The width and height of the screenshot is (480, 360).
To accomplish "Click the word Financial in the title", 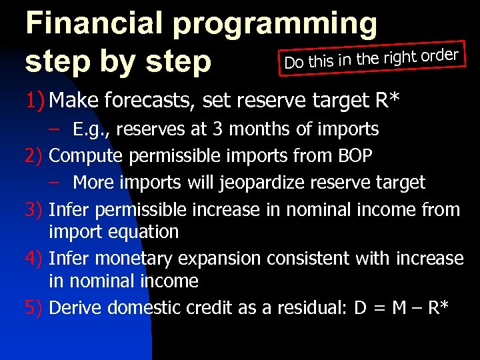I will click(x=94, y=23).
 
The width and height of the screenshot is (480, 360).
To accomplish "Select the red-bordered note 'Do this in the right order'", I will click(x=371, y=59).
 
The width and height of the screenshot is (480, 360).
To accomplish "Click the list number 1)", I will click(x=35, y=101).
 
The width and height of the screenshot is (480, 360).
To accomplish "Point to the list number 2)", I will click(x=35, y=155).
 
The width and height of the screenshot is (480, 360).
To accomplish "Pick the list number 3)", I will click(x=35, y=210).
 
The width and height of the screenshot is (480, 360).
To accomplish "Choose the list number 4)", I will click(x=35, y=258).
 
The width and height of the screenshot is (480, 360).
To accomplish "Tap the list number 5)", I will click(x=35, y=307).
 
